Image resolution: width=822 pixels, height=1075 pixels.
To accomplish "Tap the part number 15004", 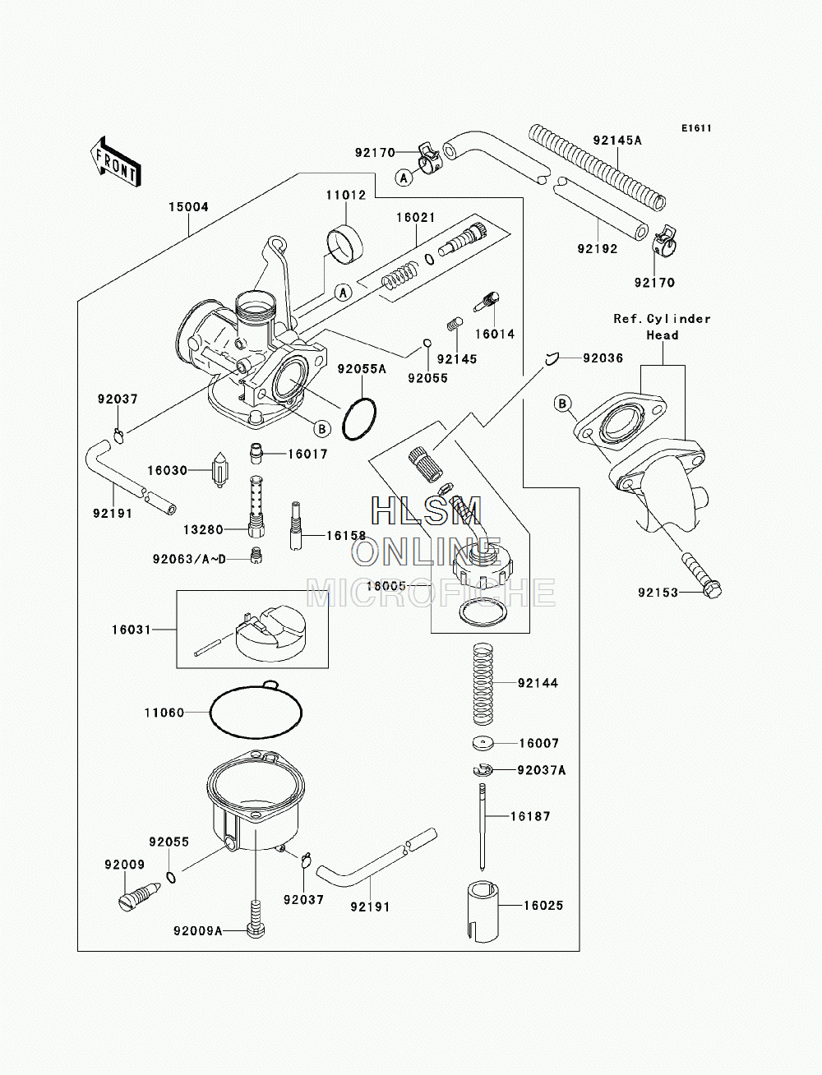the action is (188, 207).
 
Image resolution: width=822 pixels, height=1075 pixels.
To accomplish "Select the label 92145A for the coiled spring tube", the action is (617, 141).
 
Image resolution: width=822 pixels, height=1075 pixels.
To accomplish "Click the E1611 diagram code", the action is (696, 128).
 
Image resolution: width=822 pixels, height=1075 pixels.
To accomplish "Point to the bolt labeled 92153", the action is (701, 574).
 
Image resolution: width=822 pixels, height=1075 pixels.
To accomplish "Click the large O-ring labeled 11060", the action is (256, 712).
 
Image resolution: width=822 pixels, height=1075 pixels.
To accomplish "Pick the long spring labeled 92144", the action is (483, 684).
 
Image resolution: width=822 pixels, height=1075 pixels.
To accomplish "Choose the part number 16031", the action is (132, 630).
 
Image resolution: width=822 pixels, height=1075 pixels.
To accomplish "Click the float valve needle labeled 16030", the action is (220, 471).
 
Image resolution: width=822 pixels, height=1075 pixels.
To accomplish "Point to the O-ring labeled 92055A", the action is (359, 419).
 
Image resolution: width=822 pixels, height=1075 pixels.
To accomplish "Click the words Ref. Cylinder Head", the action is (663, 327).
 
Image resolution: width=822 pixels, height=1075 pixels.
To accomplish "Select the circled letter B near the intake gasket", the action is (562, 404).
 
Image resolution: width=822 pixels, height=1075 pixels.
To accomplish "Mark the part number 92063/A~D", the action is (189, 559).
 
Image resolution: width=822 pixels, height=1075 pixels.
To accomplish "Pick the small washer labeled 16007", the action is (483, 744).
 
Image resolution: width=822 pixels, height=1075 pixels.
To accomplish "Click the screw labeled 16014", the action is (487, 302).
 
